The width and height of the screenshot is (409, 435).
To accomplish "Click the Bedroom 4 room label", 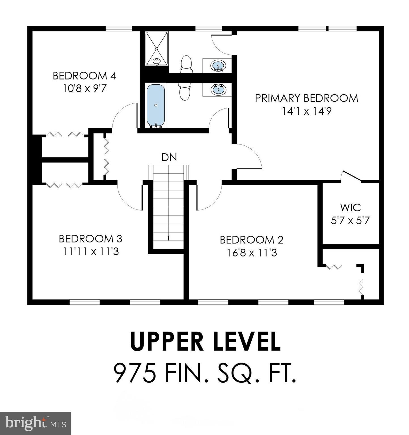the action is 84,76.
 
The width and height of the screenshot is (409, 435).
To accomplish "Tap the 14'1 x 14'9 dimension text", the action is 306,111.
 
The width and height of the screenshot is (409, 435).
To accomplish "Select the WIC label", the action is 351,207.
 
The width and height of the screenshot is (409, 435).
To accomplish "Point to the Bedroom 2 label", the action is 252,240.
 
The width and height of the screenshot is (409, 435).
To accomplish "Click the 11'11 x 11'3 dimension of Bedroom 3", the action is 91,251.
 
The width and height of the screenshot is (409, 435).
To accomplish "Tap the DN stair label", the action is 169,157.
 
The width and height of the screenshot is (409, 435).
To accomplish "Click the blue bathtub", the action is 156,105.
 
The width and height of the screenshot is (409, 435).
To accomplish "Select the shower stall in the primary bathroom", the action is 157,48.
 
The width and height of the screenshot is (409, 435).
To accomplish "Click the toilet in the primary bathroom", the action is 186,63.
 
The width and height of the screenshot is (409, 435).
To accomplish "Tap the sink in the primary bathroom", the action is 218,66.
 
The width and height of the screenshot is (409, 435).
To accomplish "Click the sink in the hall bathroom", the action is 218,90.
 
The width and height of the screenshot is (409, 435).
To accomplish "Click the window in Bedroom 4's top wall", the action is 119,28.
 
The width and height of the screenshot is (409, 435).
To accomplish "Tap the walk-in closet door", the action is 351,176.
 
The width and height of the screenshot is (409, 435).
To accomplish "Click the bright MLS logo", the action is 35,423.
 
